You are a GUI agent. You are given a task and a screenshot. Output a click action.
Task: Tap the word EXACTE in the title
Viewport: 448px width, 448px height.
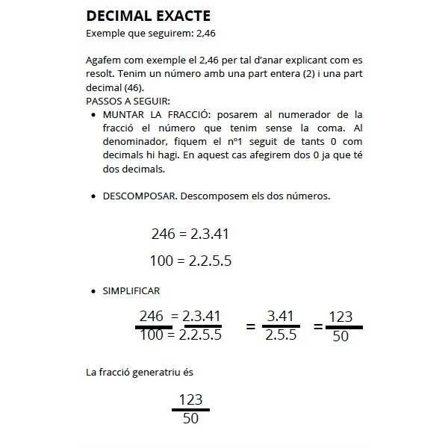tap(185, 16)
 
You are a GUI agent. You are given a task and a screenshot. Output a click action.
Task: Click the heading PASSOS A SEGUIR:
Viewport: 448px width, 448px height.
tap(128, 101)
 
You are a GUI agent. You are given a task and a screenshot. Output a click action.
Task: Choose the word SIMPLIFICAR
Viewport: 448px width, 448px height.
tap(131, 290)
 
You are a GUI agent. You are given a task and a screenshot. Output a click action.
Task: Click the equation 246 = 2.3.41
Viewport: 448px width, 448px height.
tap(189, 234)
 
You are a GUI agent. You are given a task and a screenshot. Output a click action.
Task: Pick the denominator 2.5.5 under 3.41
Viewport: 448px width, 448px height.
tap(281, 335)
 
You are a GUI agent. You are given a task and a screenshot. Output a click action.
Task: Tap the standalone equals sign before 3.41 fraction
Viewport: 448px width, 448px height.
tap(251, 326)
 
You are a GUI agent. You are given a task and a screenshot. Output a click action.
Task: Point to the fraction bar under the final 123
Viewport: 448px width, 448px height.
tap(190, 409)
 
